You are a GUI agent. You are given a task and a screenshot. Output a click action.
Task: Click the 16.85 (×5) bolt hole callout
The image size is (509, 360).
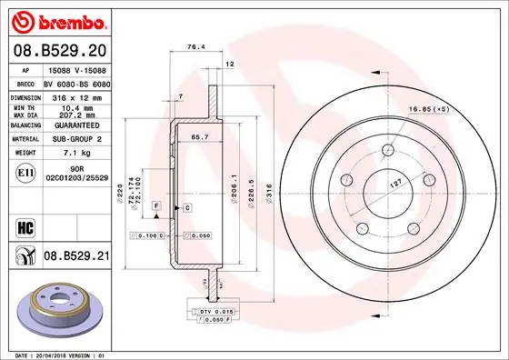tap(430, 109)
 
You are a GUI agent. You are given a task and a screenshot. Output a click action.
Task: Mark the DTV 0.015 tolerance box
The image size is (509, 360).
tap(215, 312)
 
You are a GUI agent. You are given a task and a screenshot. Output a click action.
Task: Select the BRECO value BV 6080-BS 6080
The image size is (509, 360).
tap(75, 80)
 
